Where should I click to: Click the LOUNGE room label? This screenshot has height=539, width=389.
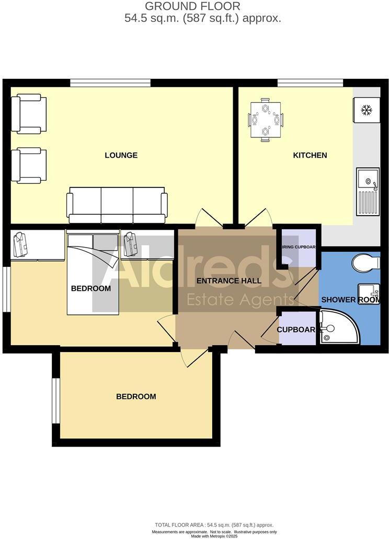pyautogui.click(x=121, y=155)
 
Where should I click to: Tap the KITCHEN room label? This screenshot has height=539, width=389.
pyautogui.click(x=310, y=155)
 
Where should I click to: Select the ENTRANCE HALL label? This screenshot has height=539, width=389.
pyautogui.click(x=228, y=280)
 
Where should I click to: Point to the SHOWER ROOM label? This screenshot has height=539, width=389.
pyautogui.click(x=349, y=300)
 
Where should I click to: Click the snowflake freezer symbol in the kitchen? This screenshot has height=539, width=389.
pyautogui.click(x=367, y=110)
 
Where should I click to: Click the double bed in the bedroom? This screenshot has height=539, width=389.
pyautogui.click(x=93, y=273)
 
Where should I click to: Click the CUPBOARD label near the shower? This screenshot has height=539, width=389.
pyautogui.click(x=296, y=330)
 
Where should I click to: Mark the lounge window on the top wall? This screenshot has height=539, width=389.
pyautogui.click(x=110, y=83)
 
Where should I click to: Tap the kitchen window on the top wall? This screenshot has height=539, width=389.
pyautogui.click(x=310, y=83)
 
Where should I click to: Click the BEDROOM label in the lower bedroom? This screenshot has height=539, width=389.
pyautogui.click(x=136, y=396)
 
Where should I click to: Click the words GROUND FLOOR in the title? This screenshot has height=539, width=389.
pyautogui.click(x=192, y=7)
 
